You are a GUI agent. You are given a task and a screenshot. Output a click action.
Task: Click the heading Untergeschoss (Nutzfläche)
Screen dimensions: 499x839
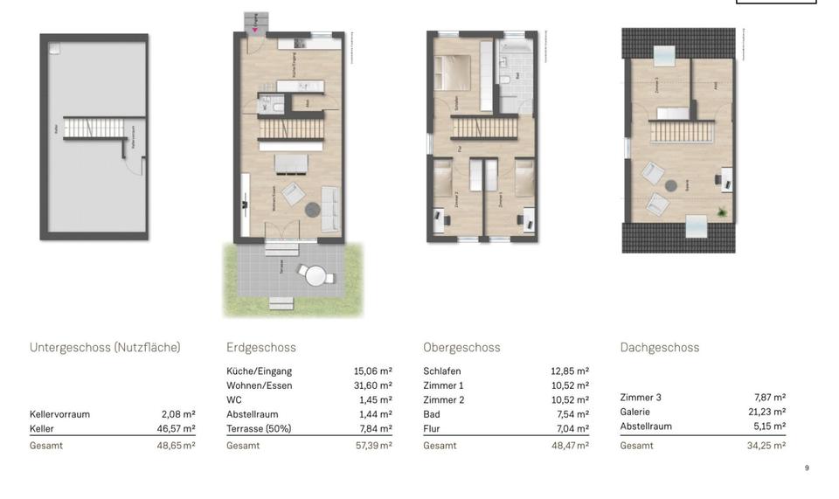(x=105, y=348)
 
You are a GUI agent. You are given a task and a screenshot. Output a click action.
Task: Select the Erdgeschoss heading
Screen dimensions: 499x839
(x=260, y=348)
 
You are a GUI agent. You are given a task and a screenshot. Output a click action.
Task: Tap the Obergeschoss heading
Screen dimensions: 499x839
(x=461, y=348)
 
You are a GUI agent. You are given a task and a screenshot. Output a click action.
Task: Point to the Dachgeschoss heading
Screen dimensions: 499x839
(x=659, y=348)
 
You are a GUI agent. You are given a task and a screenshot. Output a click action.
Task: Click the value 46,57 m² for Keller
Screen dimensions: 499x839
(x=178, y=429)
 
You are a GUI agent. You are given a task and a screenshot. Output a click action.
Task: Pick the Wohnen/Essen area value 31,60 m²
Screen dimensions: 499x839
(x=373, y=385)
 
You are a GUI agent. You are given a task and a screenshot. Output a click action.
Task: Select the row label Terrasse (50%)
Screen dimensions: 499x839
(x=259, y=429)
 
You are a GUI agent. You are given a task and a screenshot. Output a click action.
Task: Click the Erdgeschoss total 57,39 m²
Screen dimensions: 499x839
(x=373, y=446)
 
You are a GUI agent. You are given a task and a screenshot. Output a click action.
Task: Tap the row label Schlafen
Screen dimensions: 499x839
(x=441, y=371)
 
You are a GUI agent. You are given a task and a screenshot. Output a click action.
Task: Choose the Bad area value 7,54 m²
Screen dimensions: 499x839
(x=571, y=414)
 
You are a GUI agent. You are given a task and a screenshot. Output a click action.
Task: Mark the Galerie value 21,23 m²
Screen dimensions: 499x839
(x=769, y=412)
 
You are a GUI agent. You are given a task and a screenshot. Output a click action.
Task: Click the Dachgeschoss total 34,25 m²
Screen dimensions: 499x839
(x=769, y=446)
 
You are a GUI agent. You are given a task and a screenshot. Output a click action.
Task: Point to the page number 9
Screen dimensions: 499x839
(x=807, y=468)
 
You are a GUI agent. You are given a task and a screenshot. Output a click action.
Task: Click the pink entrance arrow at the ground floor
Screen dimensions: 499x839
(x=255, y=30)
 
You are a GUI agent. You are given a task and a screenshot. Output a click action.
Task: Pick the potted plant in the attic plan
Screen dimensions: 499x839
(x=722, y=211)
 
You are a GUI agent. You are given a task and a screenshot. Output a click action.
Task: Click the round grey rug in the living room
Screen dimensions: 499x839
(x=312, y=209)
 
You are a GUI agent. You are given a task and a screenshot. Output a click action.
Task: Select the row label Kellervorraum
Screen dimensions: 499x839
(x=59, y=414)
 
